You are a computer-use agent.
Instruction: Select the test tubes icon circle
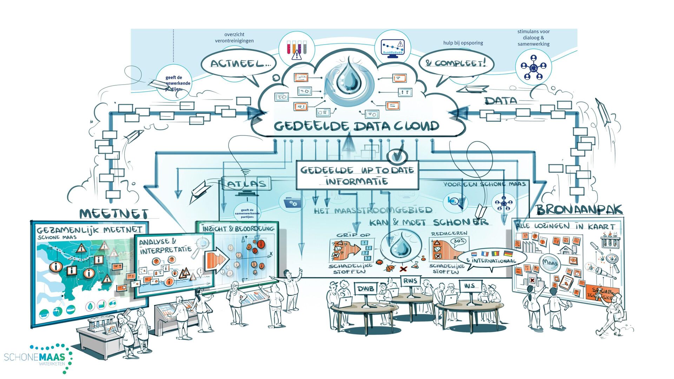coord(297,49)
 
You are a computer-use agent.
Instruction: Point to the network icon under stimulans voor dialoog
coord(533,67)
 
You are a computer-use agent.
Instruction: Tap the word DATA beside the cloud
coord(501,101)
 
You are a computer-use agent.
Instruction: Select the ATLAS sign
coord(246,184)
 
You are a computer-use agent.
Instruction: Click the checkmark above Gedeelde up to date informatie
coord(397,155)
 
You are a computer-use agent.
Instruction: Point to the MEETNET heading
coord(114,214)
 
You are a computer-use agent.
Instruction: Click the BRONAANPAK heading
coord(579,210)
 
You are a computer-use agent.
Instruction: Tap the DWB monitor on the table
coord(365,289)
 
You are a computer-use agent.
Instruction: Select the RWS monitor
coord(410,281)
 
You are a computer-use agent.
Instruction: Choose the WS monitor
coord(470,286)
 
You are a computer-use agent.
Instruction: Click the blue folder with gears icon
coord(290,202)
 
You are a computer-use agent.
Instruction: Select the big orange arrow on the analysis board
coord(216,259)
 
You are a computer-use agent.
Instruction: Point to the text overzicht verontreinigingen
coord(234,38)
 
